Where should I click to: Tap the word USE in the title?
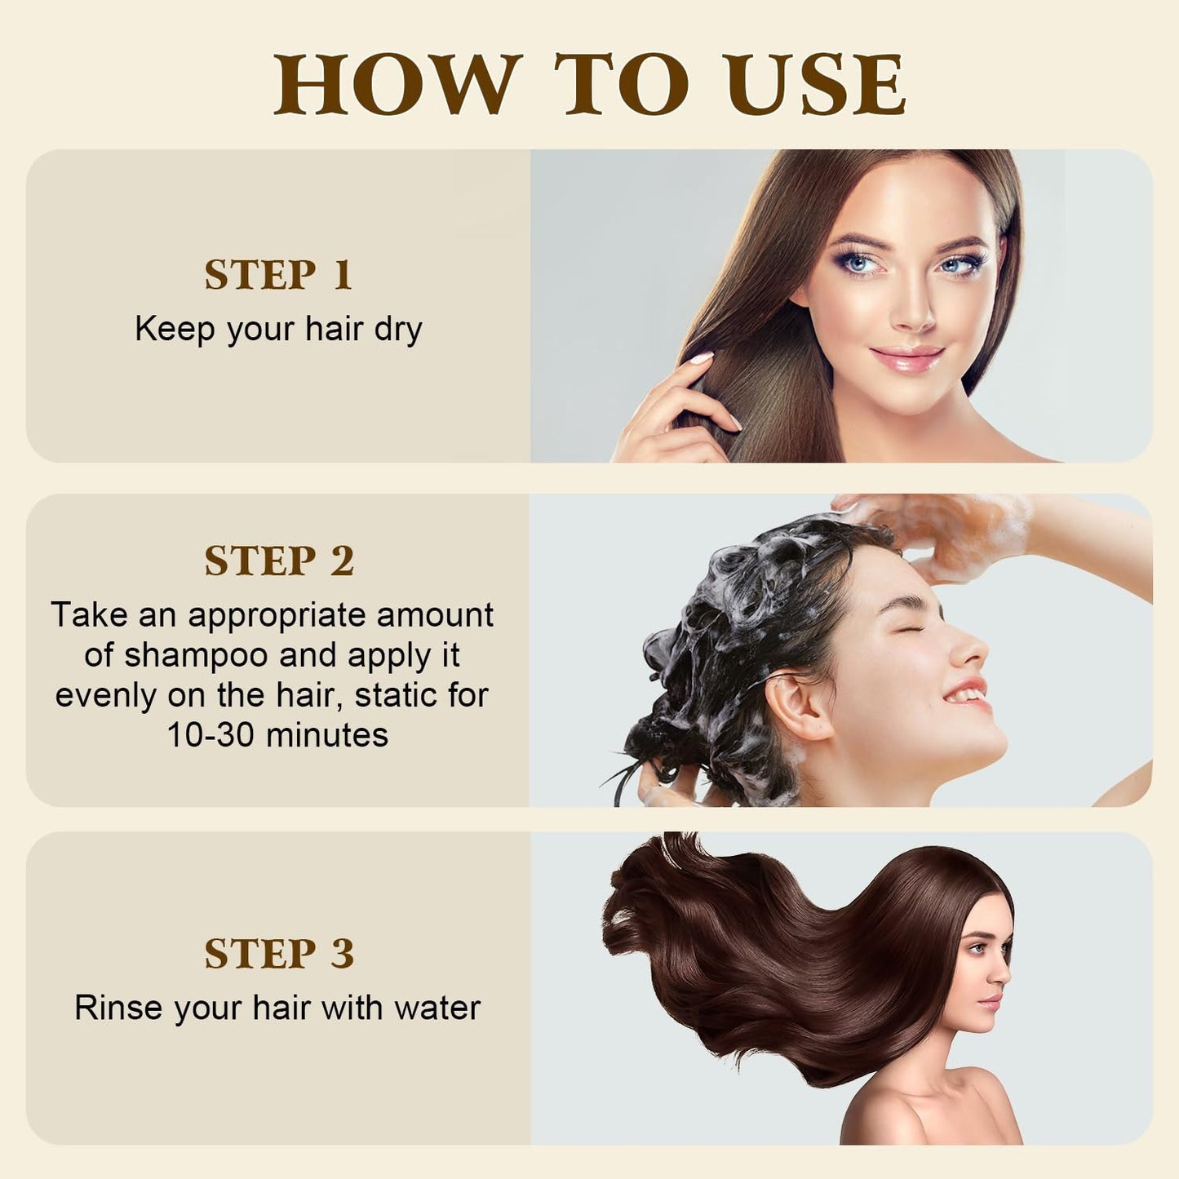[816, 85]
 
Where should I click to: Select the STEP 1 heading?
[278, 275]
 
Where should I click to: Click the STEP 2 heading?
[279, 561]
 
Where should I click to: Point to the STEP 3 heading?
[279, 954]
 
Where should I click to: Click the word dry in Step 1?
[398, 330]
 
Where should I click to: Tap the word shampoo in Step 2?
[196, 655]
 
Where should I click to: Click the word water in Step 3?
[437, 1008]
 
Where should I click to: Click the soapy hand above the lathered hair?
[946, 530]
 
